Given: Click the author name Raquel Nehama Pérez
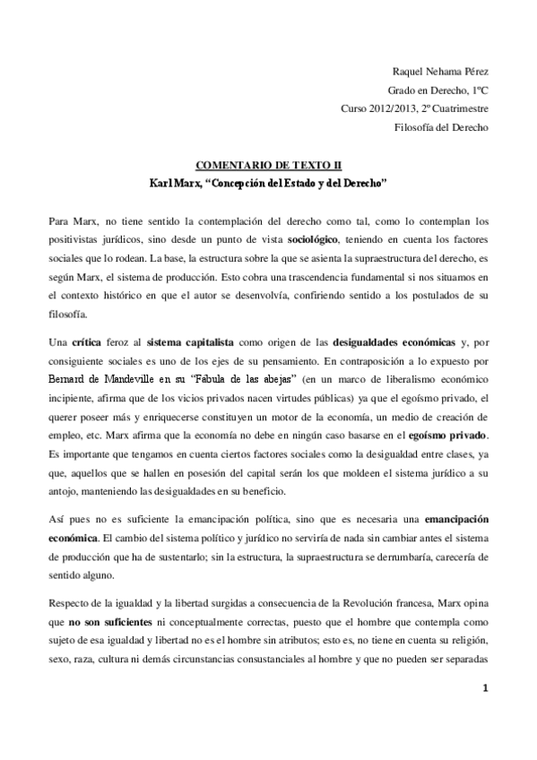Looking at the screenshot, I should tap(442, 71).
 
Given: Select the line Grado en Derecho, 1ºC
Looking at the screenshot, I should tap(438, 91).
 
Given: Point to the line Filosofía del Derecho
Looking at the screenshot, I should tap(442, 128).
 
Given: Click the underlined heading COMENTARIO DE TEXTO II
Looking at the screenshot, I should tap(268, 167).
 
